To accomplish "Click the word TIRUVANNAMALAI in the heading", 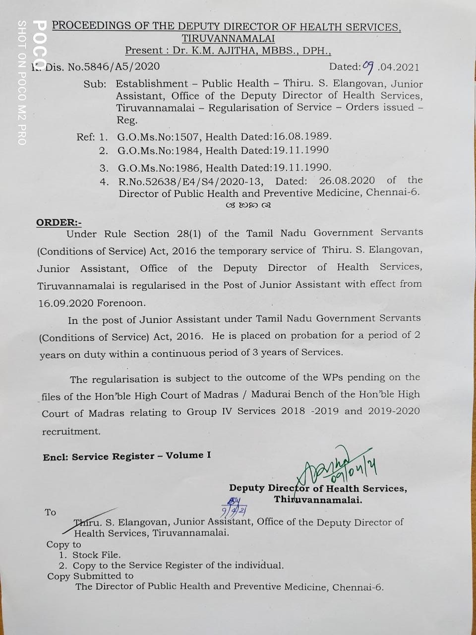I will click(228, 38).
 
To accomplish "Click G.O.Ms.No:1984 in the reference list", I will click(159, 150).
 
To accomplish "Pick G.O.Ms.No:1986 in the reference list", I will click(159, 168).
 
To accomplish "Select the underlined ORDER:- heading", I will click(59, 222).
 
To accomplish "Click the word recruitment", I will click(71, 431).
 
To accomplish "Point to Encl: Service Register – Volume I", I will click(126, 456).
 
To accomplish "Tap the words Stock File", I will click(96, 555).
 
